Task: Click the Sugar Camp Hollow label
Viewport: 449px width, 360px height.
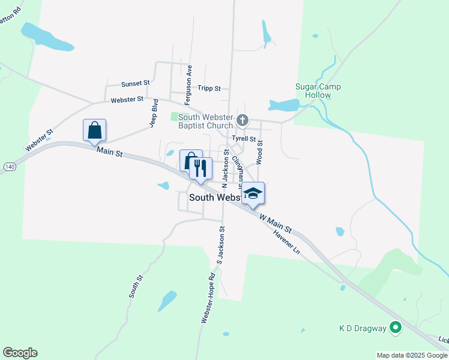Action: pos(318,91)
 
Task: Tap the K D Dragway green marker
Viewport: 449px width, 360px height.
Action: pos(395,328)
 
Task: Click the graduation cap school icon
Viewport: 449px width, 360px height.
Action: pos(253,193)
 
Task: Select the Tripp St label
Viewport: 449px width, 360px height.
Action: pos(210,88)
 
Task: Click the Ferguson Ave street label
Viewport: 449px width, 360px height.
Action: pos(189,78)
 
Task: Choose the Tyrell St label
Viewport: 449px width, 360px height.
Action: pos(244,139)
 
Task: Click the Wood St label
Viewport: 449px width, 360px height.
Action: pos(260,151)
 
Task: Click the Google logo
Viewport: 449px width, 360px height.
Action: pos(20,353)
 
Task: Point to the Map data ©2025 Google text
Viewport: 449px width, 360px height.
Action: pos(412,355)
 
